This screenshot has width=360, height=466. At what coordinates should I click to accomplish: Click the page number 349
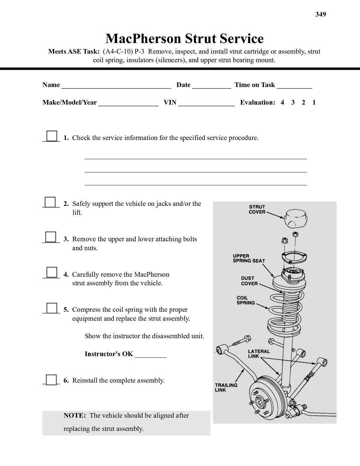tap(321, 14)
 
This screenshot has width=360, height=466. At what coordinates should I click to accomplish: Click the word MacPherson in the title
tap(144, 39)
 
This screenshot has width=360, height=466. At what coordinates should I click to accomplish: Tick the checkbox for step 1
tap(52, 136)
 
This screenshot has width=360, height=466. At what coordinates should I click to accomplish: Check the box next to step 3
tap(51, 237)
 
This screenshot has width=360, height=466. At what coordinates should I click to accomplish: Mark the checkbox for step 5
tap(52, 308)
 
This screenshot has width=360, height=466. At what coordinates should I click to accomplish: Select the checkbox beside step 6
tap(51, 379)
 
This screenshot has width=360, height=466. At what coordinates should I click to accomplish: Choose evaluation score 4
tap(282, 103)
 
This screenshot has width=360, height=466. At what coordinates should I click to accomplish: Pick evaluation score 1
tap(314, 103)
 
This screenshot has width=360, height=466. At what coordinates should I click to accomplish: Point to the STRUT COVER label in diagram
tap(257, 209)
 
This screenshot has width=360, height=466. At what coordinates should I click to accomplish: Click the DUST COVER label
tap(247, 281)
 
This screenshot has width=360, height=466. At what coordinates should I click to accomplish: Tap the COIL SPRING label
tap(246, 300)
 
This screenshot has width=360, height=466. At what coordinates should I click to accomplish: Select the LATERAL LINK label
tap(259, 353)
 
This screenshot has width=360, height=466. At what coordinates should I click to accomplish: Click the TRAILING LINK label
tap(226, 387)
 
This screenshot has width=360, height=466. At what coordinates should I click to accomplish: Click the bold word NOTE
tap(74, 415)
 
